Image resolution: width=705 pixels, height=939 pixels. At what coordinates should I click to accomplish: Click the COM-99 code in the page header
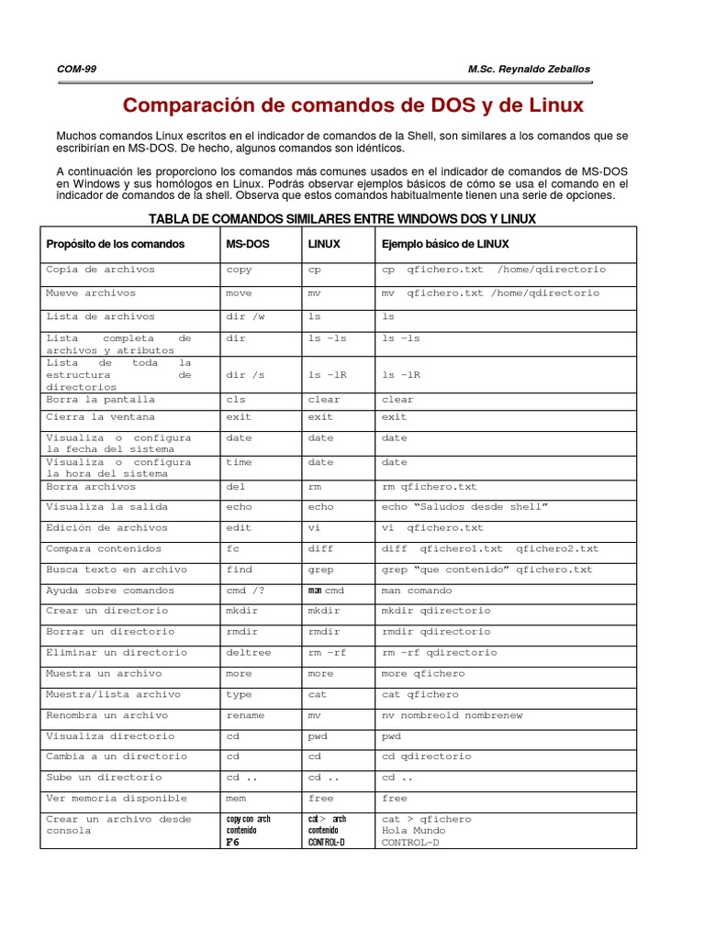point(76,70)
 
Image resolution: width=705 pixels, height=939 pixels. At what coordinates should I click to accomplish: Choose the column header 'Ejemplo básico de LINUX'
point(445,244)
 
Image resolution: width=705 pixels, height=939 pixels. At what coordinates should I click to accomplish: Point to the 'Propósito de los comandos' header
point(116,244)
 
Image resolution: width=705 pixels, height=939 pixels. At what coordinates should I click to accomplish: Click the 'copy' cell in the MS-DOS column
point(239,270)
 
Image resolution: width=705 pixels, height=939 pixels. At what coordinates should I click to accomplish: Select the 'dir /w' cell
point(243,316)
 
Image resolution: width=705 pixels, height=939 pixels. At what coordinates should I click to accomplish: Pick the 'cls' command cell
point(236,400)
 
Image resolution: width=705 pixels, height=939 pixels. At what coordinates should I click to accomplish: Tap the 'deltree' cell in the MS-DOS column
point(245,653)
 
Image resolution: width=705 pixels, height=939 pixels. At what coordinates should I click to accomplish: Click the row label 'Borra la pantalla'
point(101,400)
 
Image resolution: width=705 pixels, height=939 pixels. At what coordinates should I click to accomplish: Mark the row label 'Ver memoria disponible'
point(117,799)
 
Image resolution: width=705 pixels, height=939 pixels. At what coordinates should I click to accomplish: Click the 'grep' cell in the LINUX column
point(321,569)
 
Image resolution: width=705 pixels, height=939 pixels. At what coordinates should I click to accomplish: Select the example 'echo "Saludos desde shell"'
point(464,507)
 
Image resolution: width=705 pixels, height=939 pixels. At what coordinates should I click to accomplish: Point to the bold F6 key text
point(233,843)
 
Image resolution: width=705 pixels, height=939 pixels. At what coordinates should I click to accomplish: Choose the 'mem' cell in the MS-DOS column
point(236,799)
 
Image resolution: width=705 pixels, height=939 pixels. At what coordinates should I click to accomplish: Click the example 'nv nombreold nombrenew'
point(452,715)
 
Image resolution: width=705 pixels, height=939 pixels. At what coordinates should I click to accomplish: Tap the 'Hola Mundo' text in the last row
point(413,831)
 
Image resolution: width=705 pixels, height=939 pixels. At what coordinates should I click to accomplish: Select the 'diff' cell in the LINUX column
point(321,548)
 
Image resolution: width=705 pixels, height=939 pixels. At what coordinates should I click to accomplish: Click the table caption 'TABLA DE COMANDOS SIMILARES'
point(341,218)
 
